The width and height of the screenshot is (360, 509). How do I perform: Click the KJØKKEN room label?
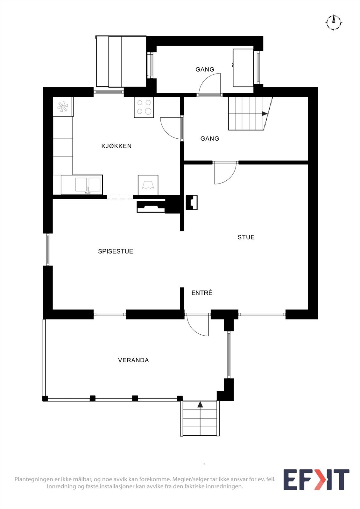(116, 146)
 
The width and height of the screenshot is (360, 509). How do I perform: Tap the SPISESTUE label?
(116, 251)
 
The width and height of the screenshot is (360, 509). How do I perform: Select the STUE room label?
(246, 237)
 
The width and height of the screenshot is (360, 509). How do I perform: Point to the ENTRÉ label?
(202, 293)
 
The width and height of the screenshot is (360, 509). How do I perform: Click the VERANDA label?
(133, 360)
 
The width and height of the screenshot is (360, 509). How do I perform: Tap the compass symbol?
(334, 22)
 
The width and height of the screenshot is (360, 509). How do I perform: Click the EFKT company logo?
(316, 479)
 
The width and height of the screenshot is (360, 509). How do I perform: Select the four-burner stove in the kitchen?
(144, 107)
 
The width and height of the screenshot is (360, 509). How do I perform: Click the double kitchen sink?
(88, 185)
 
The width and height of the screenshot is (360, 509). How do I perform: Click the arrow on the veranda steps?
(200, 405)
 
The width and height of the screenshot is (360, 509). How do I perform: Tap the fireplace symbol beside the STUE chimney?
(192, 202)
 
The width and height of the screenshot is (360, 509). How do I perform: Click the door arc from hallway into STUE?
(225, 173)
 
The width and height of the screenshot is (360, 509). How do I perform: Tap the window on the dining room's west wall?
(48, 249)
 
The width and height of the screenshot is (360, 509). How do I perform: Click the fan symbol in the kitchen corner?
(63, 107)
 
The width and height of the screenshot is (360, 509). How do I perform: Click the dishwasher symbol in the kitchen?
(148, 185)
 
